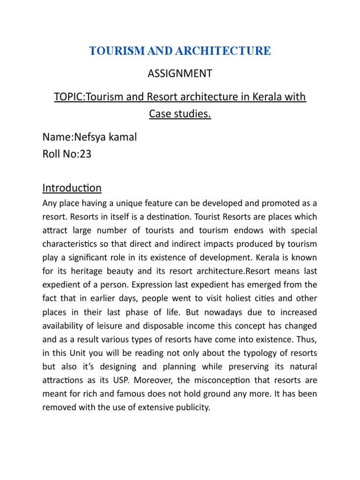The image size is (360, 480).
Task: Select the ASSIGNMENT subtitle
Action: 180,74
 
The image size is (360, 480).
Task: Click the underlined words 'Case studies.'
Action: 180,114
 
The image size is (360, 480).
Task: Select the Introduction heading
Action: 72,188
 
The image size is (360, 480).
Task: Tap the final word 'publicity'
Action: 191,407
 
